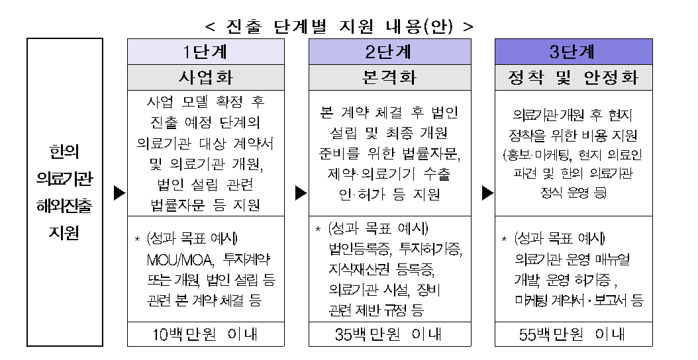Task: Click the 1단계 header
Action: (206, 52)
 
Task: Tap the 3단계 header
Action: (573, 52)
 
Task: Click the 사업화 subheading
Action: (206, 77)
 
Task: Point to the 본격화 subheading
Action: (389, 77)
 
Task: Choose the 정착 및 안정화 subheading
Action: (573, 77)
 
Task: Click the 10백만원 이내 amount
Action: (205, 334)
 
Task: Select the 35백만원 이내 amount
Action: (389, 334)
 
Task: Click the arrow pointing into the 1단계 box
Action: (120, 193)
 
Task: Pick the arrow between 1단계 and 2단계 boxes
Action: (301, 193)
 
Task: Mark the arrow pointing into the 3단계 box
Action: (488, 193)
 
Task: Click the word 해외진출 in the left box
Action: (64, 206)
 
